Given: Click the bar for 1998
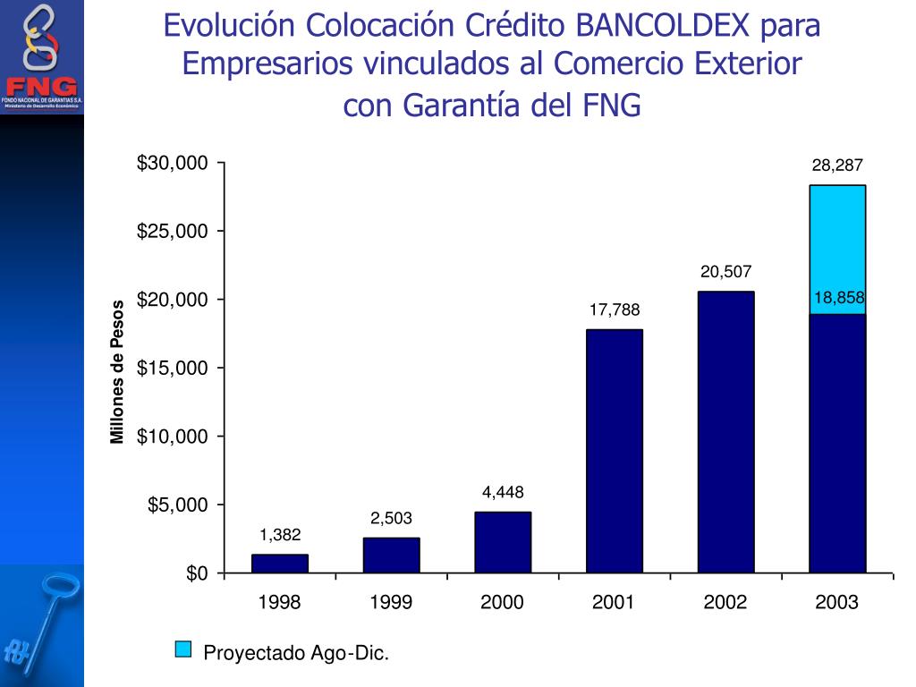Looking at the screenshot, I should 280,564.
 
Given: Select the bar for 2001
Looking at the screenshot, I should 615,451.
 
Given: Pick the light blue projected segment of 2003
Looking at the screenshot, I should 837,250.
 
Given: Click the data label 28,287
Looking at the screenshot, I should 837,165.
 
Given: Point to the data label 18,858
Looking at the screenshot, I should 839,298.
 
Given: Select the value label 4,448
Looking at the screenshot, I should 503,492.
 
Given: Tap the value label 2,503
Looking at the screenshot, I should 391,518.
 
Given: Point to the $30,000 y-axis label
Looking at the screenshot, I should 173,163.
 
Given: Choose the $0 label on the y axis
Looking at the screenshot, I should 197,573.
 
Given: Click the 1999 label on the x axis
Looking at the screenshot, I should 391,602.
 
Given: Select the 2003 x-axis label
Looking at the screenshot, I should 836,602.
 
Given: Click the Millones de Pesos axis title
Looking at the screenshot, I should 116,372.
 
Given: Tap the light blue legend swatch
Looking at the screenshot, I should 183,649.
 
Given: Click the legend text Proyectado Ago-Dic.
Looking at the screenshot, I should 297,653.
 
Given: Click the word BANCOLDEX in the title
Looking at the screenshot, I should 662,26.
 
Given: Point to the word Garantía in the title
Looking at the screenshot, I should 462,105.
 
